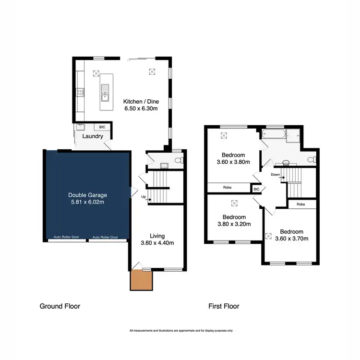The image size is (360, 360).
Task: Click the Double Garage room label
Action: point(87,195)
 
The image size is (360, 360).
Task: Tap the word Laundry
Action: point(93,136)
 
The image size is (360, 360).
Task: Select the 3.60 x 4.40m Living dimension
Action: point(157,243)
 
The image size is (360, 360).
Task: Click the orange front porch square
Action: point(141,280)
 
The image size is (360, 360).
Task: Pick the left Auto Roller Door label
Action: point(66,237)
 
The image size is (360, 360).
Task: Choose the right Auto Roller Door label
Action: point(105,237)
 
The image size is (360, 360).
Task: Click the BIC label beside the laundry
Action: point(102,127)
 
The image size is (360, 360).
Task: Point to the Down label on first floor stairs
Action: point(275,174)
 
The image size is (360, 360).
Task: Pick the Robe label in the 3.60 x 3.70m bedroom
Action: point(301,204)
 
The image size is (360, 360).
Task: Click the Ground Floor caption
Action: point(60,306)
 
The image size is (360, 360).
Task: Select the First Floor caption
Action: point(223,306)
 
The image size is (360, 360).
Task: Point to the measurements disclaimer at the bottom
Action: point(181,331)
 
